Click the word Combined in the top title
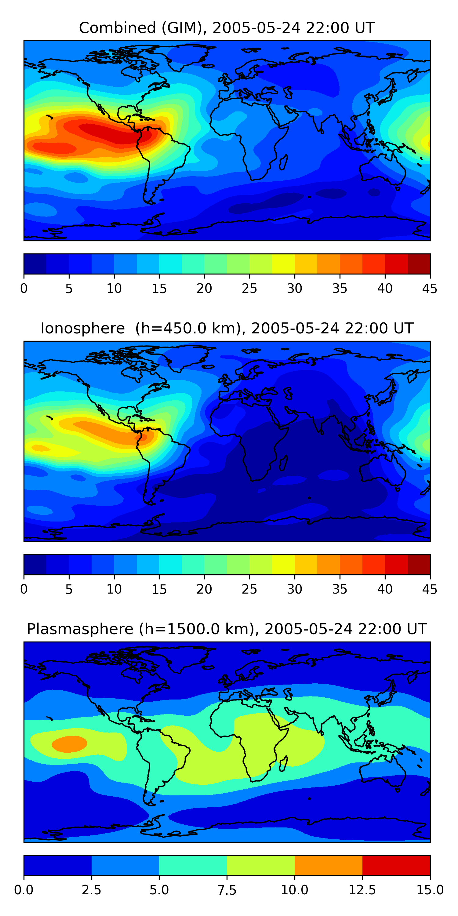point(117,28)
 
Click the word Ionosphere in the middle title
point(82,328)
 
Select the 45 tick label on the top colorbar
point(430,288)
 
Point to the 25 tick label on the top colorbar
point(249,288)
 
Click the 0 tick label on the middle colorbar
point(24,589)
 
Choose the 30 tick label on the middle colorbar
point(294,589)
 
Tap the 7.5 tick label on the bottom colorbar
point(227,890)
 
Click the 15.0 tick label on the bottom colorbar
point(430,890)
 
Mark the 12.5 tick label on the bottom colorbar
point(362,890)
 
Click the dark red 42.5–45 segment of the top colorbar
point(419,264)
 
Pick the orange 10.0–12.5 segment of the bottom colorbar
point(328,865)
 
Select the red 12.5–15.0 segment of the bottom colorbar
point(396,865)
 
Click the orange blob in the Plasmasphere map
point(69,744)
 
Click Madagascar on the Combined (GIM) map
point(283,162)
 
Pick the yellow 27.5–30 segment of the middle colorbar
point(283,564)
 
